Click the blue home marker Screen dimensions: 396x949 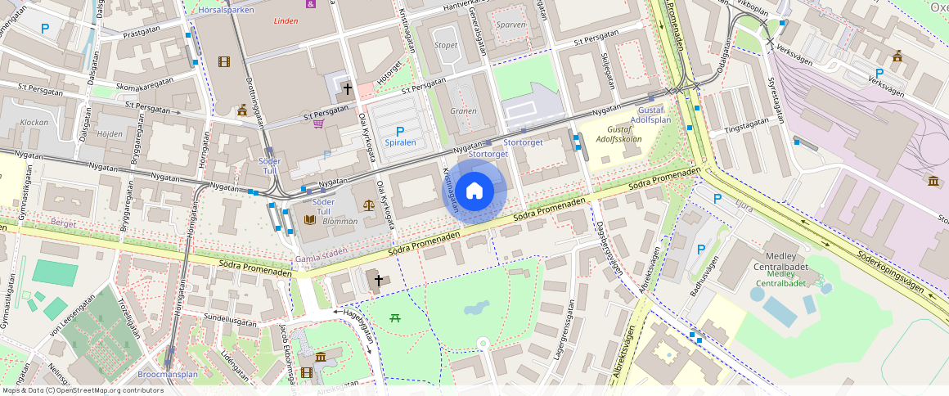[x=475, y=191]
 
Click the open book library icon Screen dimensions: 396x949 [x=309, y=220]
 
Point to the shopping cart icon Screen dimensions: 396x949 [x=318, y=124]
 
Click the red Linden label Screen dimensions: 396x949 [x=286, y=21]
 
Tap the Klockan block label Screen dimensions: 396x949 [x=34, y=122]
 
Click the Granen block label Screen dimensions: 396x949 [x=463, y=111]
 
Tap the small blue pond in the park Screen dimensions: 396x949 [x=473, y=309]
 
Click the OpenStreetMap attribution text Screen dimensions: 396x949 [x=82, y=390]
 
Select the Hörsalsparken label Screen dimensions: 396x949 [x=227, y=10]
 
